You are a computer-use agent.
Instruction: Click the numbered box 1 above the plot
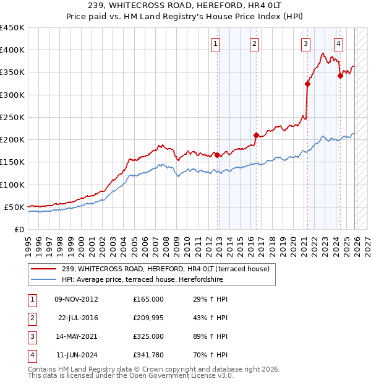tap(215, 43)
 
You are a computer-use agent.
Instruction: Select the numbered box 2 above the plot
tap(254, 43)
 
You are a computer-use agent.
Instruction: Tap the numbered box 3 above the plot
tap(305, 43)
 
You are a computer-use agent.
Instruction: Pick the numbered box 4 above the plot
tap(338, 43)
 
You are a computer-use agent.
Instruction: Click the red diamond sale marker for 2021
tap(307, 84)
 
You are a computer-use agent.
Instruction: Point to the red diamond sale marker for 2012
tap(217, 155)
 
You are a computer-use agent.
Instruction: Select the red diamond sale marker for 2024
tap(340, 76)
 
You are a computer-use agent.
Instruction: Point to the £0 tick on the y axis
tap(19, 229)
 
